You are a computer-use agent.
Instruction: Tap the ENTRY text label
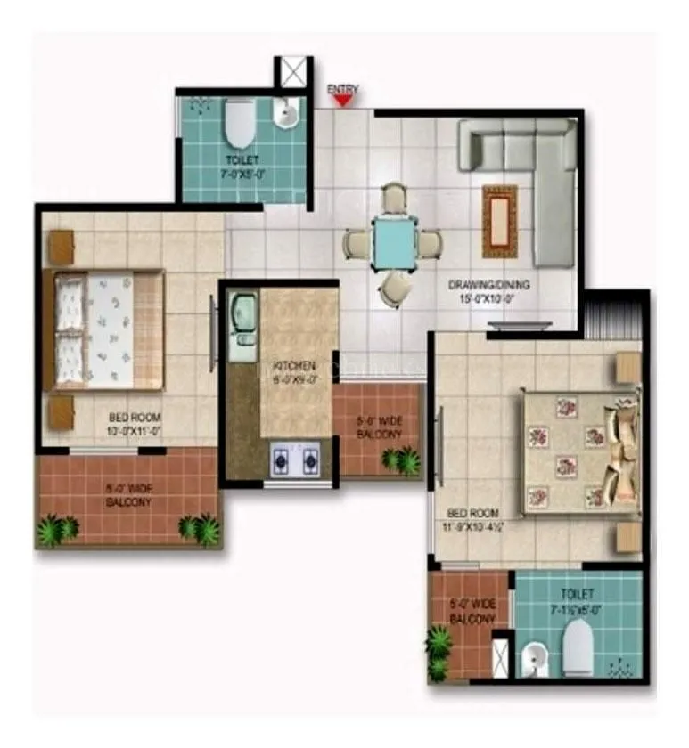[343, 89]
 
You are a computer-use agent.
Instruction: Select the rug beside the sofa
[500, 221]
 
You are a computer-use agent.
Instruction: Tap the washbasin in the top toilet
[287, 114]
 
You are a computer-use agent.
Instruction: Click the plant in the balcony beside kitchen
[402, 460]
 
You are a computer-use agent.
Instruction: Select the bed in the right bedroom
[580, 452]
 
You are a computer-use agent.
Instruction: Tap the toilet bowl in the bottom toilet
[578, 646]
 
